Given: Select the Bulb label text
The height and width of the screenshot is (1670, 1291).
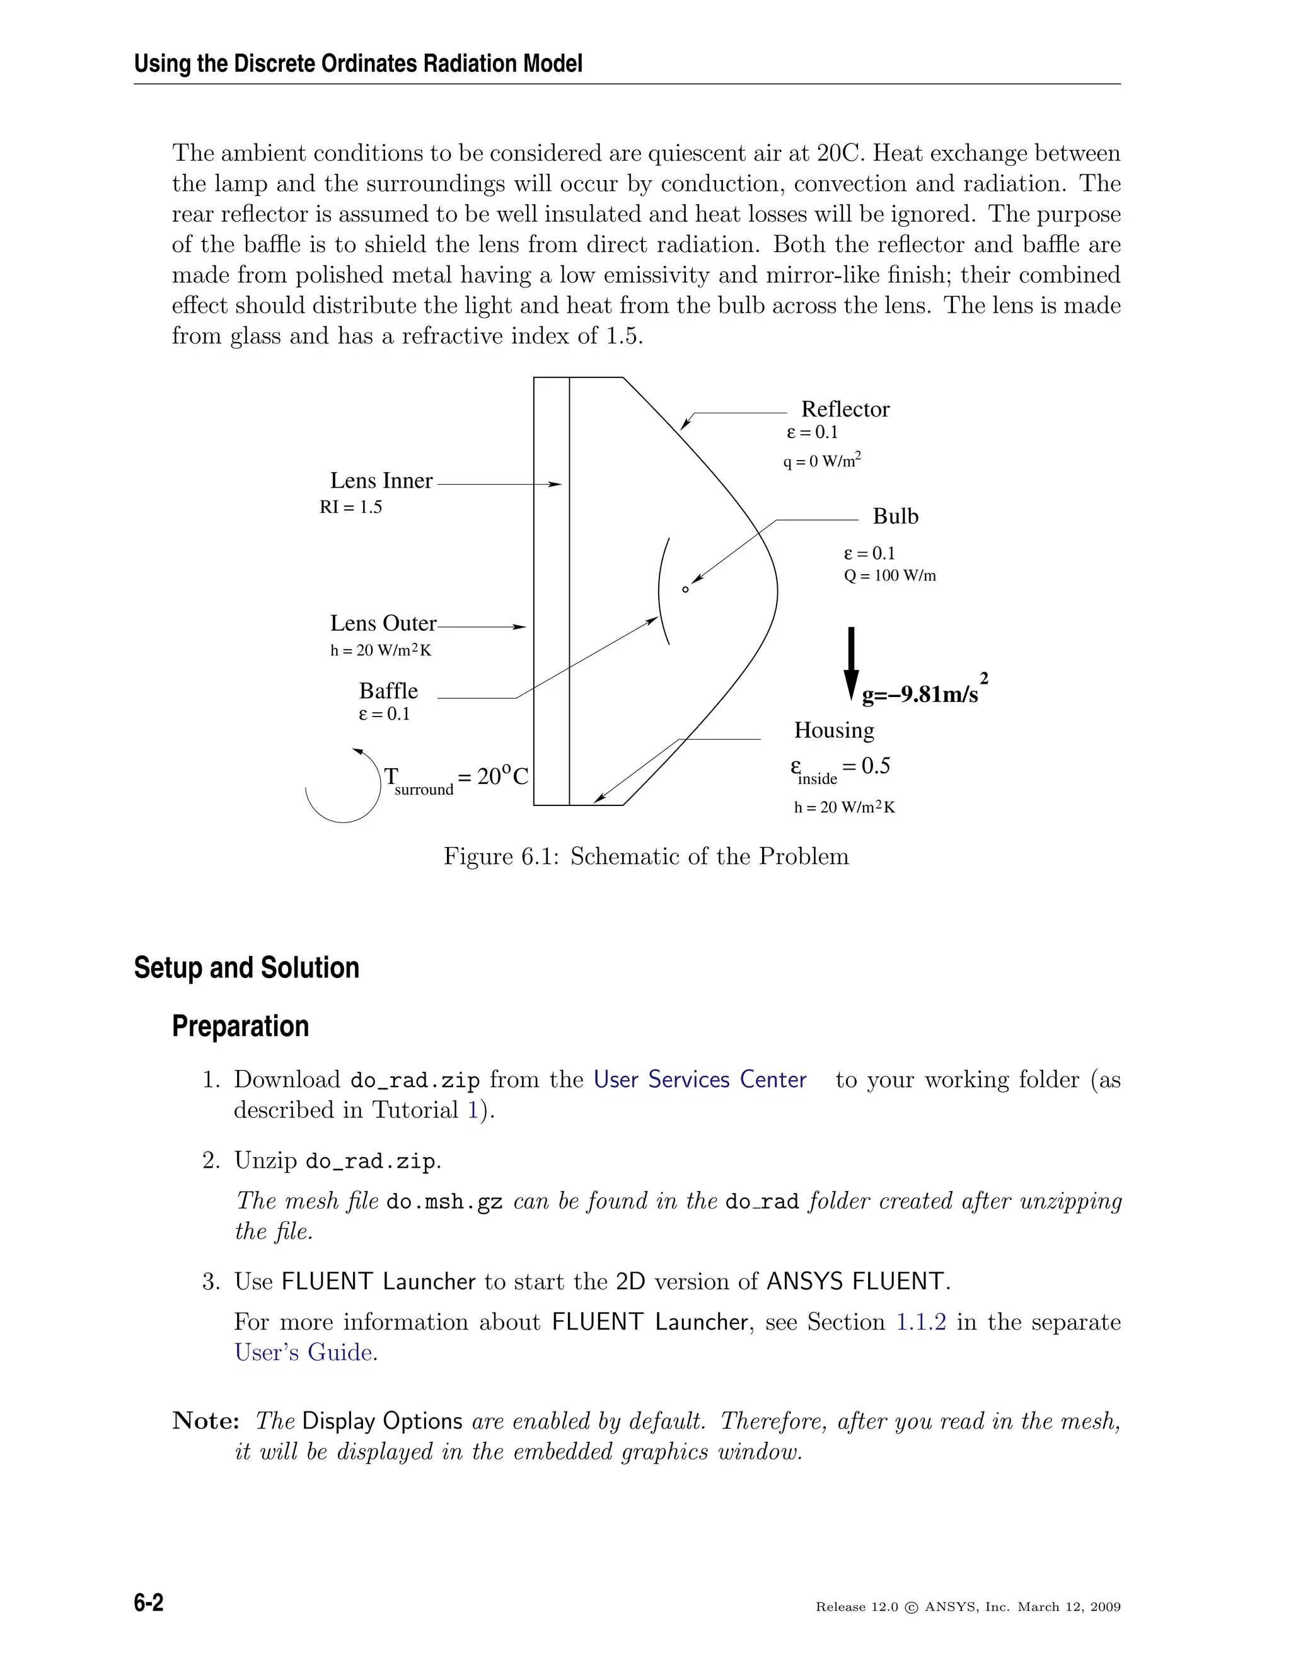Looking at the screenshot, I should point(895,516).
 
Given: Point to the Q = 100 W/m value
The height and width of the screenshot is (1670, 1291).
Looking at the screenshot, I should point(889,576).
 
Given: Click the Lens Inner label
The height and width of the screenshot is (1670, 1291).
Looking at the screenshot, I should point(381,481).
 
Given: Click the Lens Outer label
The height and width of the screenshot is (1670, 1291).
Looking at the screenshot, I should point(383,623).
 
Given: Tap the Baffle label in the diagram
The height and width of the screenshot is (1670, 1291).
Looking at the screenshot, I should point(388,691).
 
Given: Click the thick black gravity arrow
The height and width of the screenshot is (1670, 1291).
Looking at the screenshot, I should point(850,662).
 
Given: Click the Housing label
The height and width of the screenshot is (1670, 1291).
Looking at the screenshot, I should point(833,730).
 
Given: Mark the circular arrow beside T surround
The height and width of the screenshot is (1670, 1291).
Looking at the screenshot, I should point(344,788).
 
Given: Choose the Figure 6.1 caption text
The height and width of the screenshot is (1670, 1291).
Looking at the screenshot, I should point(646,856).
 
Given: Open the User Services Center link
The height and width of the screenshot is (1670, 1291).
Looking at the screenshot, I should point(700,1079).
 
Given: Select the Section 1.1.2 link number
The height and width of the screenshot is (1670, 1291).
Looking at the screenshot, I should point(921,1322).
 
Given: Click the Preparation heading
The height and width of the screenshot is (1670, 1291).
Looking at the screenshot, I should point(240,1026).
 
